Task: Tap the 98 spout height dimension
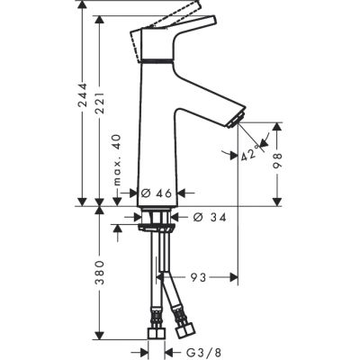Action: [282, 159]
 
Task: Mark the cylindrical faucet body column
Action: [156, 135]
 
